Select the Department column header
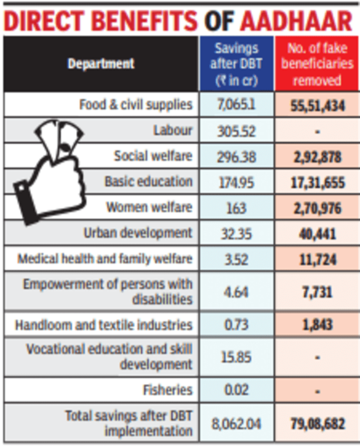tap(101, 63)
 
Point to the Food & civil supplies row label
tap(136, 105)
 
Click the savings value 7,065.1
tap(236, 105)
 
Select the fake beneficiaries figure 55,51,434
tap(317, 106)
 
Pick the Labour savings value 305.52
tap(236, 131)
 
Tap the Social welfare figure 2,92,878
tap(317, 157)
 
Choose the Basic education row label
tap(148, 181)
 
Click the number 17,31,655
tap(317, 182)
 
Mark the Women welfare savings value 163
tap(236, 208)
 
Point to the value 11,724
tap(317, 260)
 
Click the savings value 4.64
tap(236, 292)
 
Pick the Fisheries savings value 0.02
tap(236, 390)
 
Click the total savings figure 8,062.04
tap(236, 423)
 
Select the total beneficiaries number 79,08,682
tap(317, 423)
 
